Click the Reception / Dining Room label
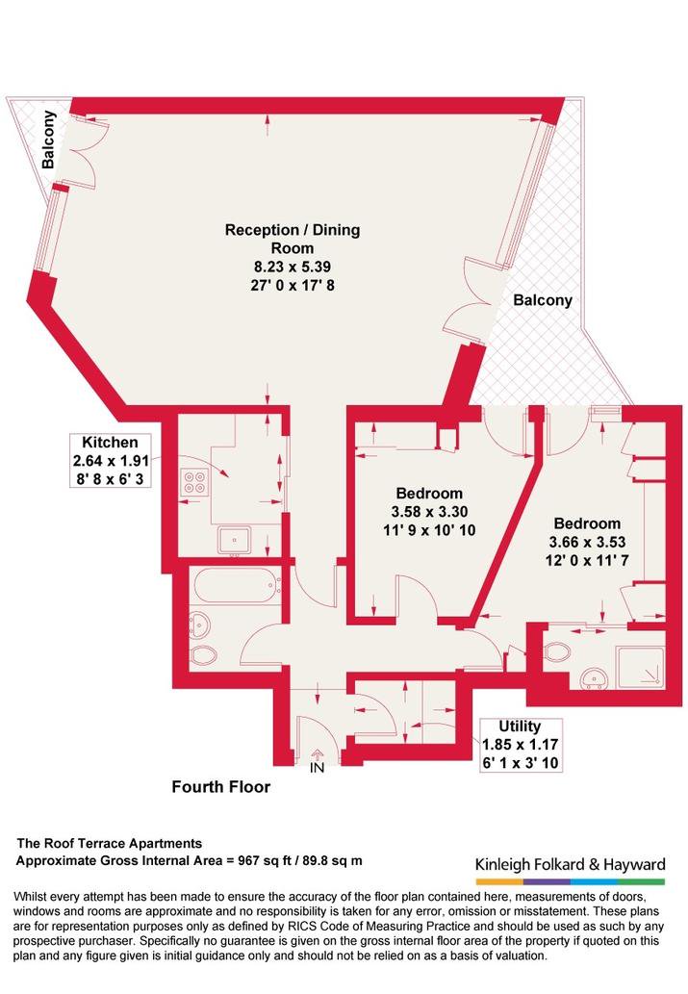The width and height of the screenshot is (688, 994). click(293, 239)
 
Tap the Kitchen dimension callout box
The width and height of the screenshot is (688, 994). click(111, 460)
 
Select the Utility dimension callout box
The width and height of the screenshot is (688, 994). click(520, 744)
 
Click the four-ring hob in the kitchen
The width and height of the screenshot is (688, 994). click(194, 482)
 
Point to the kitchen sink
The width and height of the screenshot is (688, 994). click(235, 540)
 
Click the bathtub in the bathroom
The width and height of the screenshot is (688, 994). click(238, 586)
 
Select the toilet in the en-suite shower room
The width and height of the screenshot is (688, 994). click(557, 651)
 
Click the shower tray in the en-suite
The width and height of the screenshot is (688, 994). click(641, 666)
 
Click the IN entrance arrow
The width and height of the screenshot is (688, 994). click(317, 753)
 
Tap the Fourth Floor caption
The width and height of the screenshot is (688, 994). click(220, 787)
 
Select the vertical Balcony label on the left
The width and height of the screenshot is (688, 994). click(48, 140)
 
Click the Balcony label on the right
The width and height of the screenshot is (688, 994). click(543, 300)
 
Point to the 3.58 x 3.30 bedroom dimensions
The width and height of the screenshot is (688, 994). click(429, 512)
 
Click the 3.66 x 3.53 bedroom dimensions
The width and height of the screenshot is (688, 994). click(587, 542)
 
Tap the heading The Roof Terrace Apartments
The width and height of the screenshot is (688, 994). click(109, 843)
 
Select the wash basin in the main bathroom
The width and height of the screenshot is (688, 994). click(200, 624)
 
